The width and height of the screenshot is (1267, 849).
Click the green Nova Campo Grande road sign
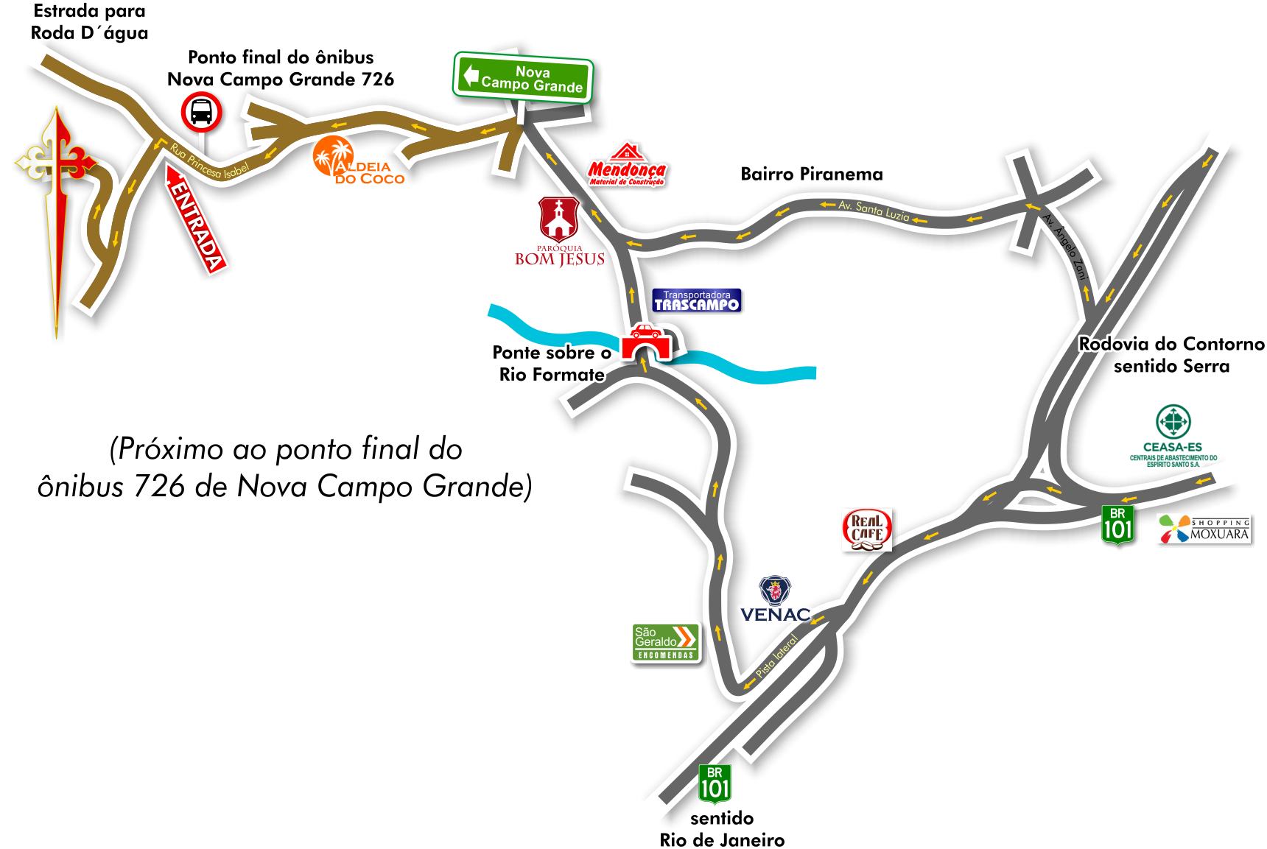coord(523,77)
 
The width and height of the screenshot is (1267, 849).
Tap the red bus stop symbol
coord(201,112)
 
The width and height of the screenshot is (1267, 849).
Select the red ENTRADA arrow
coord(195,219)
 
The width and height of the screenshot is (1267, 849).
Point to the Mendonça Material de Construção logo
coord(627,164)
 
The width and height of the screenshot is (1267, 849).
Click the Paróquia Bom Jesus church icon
coord(559,219)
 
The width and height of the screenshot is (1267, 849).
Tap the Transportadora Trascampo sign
coord(697,300)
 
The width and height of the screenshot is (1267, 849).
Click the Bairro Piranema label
coord(811,174)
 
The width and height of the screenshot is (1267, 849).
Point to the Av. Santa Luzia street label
coord(874,211)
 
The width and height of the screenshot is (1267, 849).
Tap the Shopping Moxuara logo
coord(1204,529)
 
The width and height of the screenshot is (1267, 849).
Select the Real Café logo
coord(867,529)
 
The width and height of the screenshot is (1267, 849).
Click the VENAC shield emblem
coord(775,590)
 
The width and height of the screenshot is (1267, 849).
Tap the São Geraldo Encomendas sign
coord(665,642)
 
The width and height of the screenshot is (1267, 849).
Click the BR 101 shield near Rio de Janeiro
coord(715,784)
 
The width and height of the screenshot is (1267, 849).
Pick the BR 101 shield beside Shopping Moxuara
coord(1117,525)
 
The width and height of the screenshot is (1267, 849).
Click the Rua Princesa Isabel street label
coord(209,161)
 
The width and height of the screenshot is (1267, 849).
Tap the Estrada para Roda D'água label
coord(89,22)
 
